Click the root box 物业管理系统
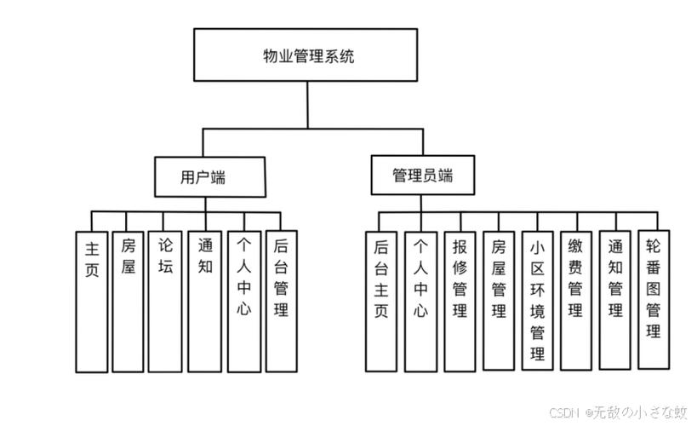[x=307, y=55]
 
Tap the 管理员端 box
[x=422, y=176]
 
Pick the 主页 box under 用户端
[x=92, y=302]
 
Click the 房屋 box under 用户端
[x=128, y=302]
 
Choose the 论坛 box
[x=165, y=302]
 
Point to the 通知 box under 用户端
[x=204, y=302]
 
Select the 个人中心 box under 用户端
[x=243, y=302]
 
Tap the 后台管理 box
[x=281, y=302]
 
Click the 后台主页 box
[x=380, y=302]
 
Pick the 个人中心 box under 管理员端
[x=420, y=302]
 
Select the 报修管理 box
[x=460, y=302]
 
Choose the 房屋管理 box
[x=499, y=302]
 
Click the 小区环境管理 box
[x=538, y=302]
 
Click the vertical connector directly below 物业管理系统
[x=307, y=105]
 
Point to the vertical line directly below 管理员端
[x=422, y=203]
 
